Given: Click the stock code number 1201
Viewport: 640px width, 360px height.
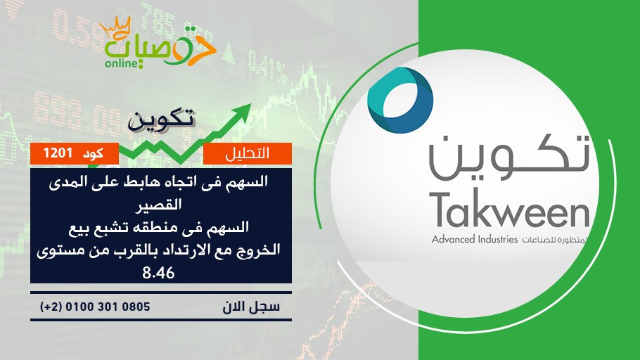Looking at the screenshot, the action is point(58,153).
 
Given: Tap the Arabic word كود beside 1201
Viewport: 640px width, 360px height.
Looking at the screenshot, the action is point(93,154).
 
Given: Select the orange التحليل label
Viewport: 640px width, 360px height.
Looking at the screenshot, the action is point(248,153).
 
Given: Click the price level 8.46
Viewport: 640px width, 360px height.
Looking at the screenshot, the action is point(158,273).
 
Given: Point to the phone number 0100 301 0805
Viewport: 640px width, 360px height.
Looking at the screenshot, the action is point(108,307).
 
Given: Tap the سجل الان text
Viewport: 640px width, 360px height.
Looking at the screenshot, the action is point(251,307).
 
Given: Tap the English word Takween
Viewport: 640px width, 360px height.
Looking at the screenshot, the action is point(511,210).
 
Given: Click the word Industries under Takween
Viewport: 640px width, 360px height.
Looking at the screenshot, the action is point(496,239).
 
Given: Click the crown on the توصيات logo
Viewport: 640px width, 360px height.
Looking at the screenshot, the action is point(115,27).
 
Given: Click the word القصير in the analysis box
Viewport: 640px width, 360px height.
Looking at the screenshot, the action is point(158,204).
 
